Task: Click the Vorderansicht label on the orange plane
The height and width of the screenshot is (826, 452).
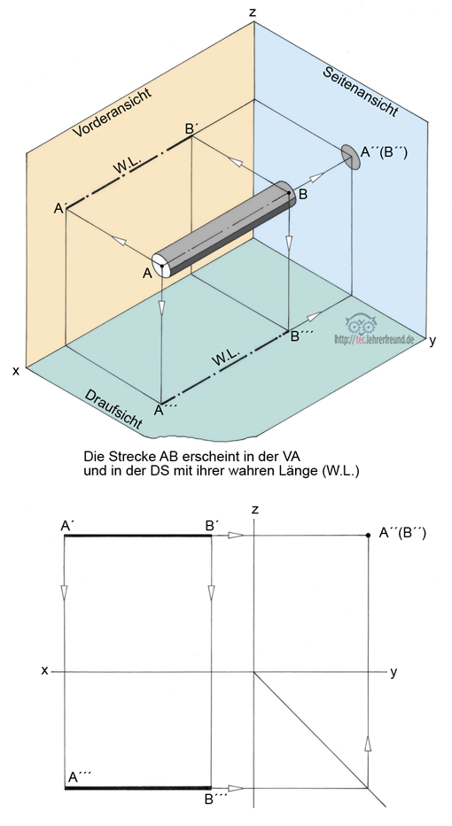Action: (x=112, y=112)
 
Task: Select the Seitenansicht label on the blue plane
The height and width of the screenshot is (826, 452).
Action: (x=360, y=92)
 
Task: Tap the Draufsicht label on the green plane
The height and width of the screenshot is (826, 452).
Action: (x=113, y=410)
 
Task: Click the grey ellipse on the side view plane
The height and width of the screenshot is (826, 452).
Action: (x=351, y=157)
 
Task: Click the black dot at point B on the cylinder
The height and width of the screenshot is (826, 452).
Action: (x=289, y=193)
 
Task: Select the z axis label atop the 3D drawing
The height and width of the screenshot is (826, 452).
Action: (x=253, y=12)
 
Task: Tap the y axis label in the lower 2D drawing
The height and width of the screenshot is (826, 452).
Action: (x=394, y=672)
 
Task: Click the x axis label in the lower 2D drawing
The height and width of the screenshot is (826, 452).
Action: (x=45, y=670)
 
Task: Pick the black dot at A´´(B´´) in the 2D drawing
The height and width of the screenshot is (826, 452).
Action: (x=368, y=536)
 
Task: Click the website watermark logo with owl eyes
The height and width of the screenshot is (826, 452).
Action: (x=373, y=333)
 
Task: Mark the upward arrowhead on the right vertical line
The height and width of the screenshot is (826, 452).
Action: (x=368, y=744)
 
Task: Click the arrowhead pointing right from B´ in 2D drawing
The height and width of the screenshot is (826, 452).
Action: (x=236, y=536)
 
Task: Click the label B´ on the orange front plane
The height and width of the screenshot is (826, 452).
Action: (x=191, y=128)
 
